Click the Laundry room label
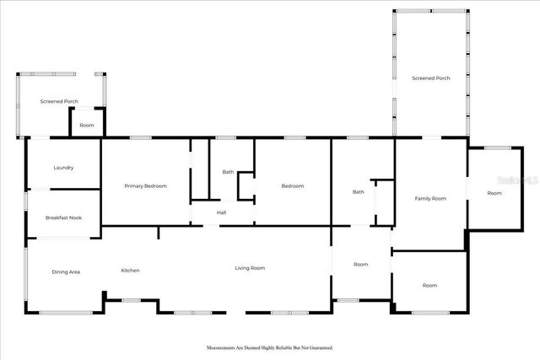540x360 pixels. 63,168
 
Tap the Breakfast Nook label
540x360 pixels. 63,218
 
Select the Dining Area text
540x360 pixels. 66,271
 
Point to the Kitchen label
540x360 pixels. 130,271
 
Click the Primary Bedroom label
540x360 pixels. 145,185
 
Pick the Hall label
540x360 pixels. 221,212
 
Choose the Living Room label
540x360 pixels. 250,268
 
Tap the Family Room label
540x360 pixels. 430,199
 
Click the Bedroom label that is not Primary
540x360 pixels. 292,185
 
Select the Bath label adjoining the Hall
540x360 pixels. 228,172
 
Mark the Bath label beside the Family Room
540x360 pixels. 359,192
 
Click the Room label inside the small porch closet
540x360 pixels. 87,126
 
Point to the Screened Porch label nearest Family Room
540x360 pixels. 430,78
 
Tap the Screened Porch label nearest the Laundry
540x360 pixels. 59,101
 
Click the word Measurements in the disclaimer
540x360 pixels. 224,347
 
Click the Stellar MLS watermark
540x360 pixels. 518,180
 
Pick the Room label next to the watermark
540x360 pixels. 494,193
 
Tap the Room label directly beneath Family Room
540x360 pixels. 430,286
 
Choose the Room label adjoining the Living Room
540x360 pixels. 360,265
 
